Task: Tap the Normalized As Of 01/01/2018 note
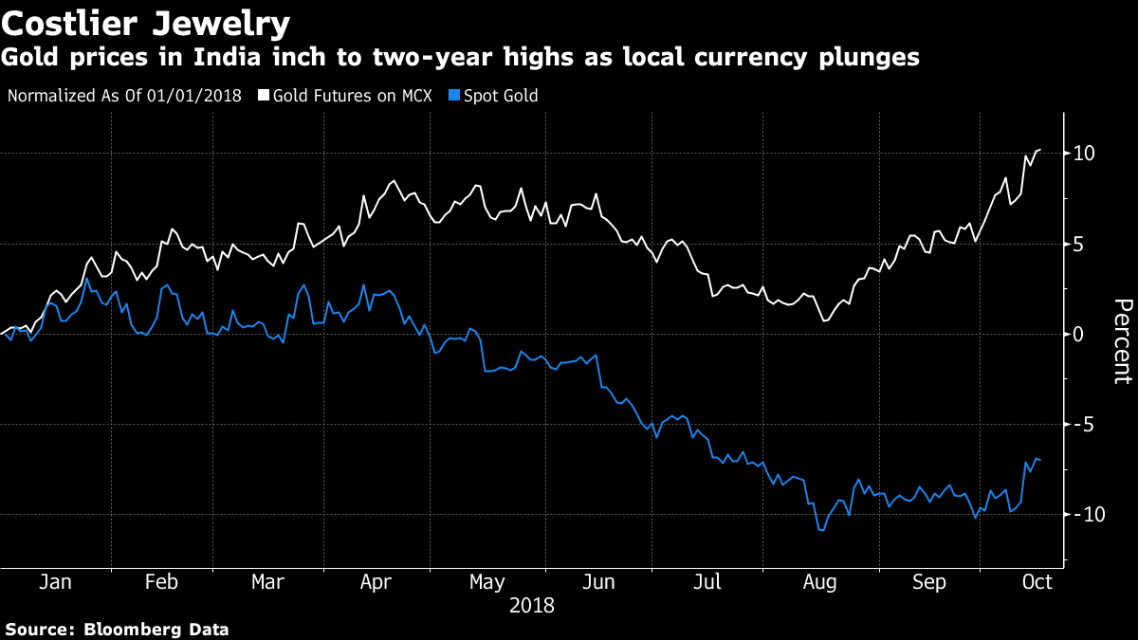pos(124,96)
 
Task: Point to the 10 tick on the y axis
pos(1085,154)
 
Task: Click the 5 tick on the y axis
pos(1080,244)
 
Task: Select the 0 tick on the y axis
pos(1080,334)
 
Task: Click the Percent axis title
pos(1122,341)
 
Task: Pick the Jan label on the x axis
pos(55,582)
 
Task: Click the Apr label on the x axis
pos(376,582)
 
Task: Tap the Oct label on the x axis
pos(1037,582)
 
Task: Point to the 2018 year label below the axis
pos(531,605)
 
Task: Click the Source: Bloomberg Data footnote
pos(118,629)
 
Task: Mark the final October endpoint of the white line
pos(1040,150)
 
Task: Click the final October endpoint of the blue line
pos(1040,460)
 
